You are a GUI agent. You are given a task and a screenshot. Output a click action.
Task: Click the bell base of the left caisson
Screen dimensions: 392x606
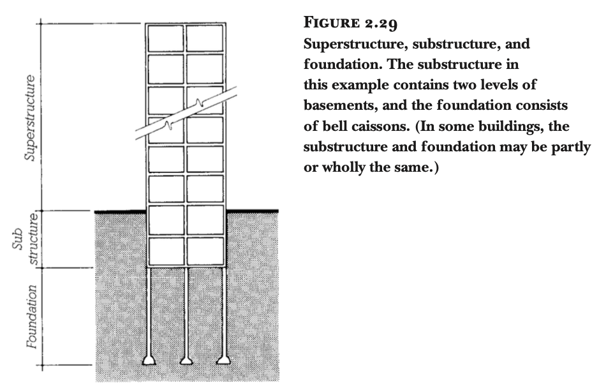point(149,360)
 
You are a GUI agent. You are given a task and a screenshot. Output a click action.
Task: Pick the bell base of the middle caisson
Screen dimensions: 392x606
point(186,360)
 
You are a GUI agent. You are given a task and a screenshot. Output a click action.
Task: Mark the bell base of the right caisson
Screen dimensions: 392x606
point(223,360)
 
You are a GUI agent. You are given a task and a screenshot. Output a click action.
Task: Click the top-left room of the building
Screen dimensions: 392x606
point(165,38)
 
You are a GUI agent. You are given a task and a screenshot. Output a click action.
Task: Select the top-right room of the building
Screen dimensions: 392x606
point(205,38)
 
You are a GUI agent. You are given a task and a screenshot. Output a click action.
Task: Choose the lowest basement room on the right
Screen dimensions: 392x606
point(205,251)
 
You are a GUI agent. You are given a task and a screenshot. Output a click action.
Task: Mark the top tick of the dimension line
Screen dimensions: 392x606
point(42,24)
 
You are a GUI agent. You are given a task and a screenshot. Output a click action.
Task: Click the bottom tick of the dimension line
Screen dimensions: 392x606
point(42,366)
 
